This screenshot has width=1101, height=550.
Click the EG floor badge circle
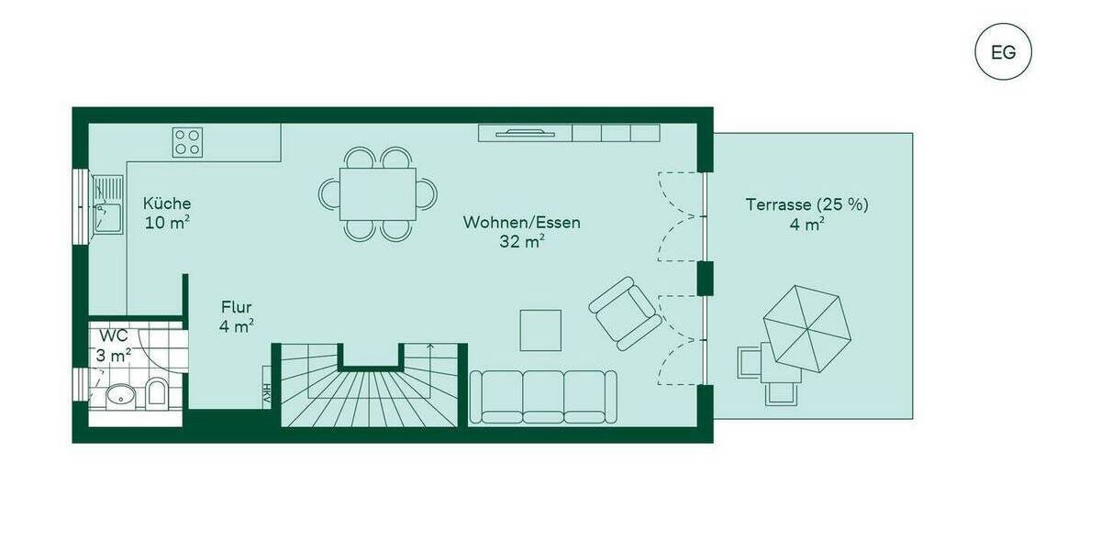[1003, 52]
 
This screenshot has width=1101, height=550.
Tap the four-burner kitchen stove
[187, 141]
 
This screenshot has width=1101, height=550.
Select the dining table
[377, 193]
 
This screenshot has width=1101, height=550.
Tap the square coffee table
[540, 330]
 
